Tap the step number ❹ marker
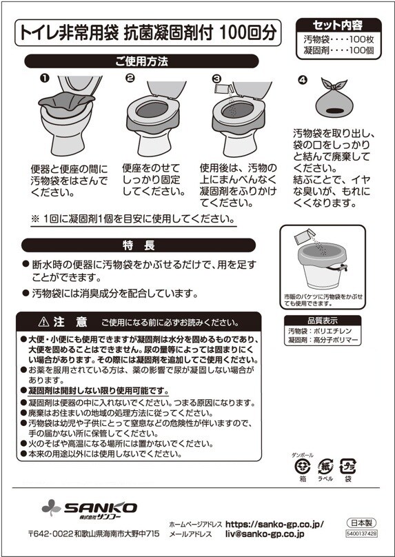coord(303,81)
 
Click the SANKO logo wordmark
coord(101,507)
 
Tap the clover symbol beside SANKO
coord(51,507)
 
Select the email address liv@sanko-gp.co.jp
coord(265,534)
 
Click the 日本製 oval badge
coord(361,523)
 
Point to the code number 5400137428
coord(361,534)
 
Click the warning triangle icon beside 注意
coord(43,322)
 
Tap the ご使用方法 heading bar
coord(141,61)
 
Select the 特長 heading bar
coord(139,245)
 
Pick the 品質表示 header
coord(322,320)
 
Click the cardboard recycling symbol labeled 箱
coord(303,467)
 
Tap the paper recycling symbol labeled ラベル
coord(325,467)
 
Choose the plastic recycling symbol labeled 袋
coord(347,467)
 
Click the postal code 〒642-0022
coord(51,534)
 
